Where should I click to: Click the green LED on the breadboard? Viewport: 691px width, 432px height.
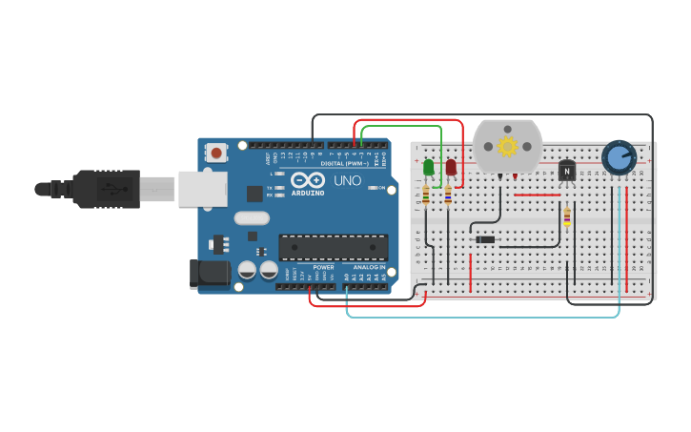(x=428, y=168)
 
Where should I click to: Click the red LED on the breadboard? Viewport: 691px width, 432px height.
(x=451, y=168)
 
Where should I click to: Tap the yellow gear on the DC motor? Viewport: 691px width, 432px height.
(x=507, y=146)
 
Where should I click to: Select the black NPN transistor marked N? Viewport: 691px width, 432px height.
(x=567, y=170)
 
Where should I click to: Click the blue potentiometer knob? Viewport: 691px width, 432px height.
(x=620, y=157)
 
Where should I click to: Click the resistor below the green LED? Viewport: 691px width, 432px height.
(x=425, y=195)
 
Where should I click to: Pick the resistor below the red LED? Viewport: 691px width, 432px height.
(x=448, y=195)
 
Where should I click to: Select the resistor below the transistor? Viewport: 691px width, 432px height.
(x=567, y=217)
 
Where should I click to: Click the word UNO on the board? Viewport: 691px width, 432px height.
(x=347, y=180)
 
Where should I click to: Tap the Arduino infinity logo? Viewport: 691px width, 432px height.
(x=308, y=180)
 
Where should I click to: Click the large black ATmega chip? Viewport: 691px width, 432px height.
(x=333, y=247)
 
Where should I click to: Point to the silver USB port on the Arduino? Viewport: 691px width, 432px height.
(x=202, y=188)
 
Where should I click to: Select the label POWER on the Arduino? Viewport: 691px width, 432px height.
(x=323, y=267)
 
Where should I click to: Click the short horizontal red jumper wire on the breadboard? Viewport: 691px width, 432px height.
(x=538, y=195)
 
